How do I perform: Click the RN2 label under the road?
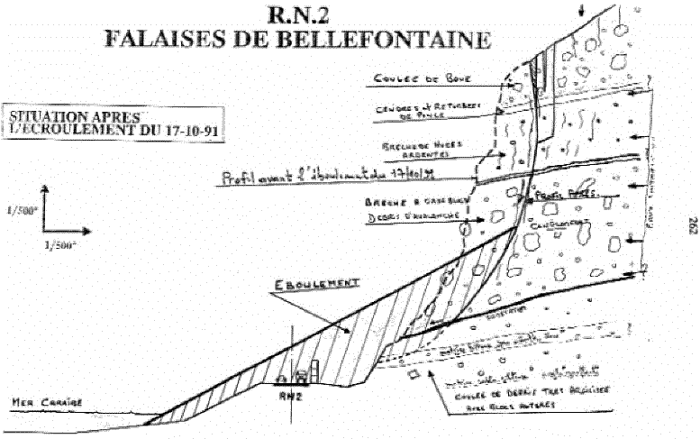291,394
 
